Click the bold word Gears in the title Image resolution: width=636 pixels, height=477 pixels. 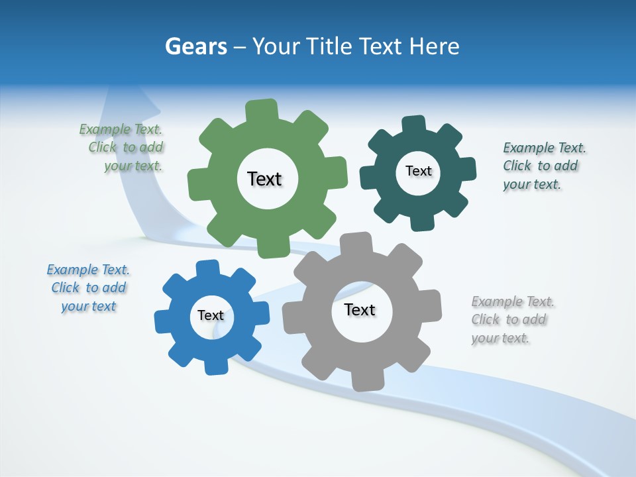pos(195,46)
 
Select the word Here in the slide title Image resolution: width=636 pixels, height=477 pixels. pos(434,46)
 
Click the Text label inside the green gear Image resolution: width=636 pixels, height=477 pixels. pos(264,179)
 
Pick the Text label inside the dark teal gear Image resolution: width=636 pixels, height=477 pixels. pos(418,171)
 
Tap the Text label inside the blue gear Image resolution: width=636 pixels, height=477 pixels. pos(211,315)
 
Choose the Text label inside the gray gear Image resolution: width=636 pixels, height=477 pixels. pos(360,309)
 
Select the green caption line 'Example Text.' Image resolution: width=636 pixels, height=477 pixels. pos(121,129)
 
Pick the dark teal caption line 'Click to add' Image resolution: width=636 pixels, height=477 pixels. pos(540,166)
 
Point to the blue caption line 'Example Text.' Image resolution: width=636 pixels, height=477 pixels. pos(87,270)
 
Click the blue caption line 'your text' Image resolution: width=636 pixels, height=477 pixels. pos(88,306)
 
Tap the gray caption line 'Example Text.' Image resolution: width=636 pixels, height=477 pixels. pos(513,301)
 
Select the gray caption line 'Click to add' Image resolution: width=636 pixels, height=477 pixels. pos(509,319)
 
